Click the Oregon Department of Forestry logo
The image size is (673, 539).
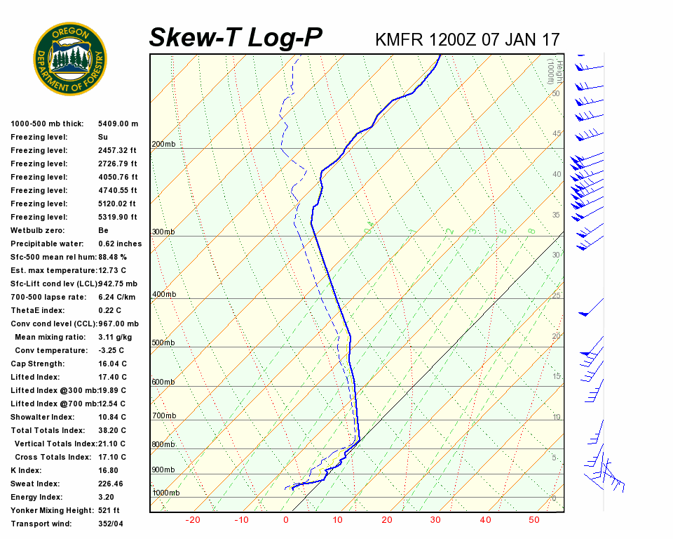click(x=70, y=59)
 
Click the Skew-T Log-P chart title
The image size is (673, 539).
click(x=236, y=37)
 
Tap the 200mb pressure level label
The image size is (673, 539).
click(x=163, y=145)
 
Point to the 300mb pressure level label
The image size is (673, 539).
click(x=163, y=232)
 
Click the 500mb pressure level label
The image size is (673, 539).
click(x=163, y=342)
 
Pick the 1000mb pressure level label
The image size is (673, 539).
click(x=165, y=493)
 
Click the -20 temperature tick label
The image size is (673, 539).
click(x=193, y=520)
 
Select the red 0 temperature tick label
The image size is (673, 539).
click(x=286, y=520)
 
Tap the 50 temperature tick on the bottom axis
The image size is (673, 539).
click(x=534, y=520)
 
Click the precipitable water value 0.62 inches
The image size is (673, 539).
click(x=120, y=244)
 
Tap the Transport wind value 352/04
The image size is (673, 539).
click(x=112, y=524)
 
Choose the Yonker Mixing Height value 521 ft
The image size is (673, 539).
click(x=109, y=510)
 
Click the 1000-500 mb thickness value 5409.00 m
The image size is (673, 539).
click(x=118, y=124)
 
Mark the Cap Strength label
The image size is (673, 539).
click(x=37, y=364)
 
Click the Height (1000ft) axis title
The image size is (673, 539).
click(x=554, y=70)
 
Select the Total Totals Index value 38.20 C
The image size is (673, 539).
click(x=112, y=430)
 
